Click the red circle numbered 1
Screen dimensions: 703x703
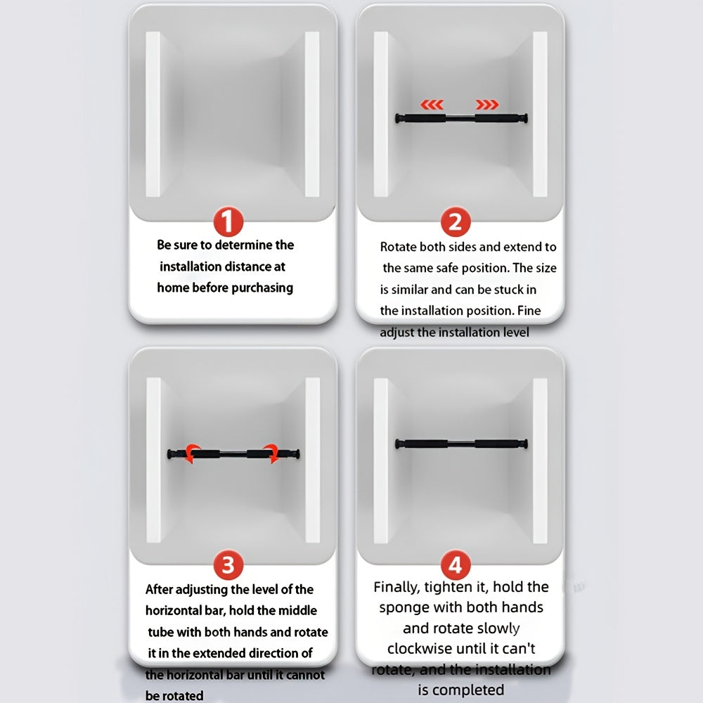[x=228, y=221]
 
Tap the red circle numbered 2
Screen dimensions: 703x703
[x=456, y=221]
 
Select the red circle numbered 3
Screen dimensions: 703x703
[x=228, y=565]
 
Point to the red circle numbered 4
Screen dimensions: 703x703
[x=456, y=565]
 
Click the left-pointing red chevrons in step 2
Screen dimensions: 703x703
[x=432, y=105]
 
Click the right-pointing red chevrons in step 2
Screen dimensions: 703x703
[x=487, y=105]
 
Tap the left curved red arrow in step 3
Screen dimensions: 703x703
[x=193, y=453]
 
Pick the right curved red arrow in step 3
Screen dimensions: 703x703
[x=271, y=453]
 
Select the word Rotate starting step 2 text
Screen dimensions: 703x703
[x=398, y=247]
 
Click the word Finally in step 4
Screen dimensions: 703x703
[x=396, y=587]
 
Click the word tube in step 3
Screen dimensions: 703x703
[x=160, y=632]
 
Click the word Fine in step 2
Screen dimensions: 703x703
[x=529, y=311]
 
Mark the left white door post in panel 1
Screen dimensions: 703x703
[x=153, y=114]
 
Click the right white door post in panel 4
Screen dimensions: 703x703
[x=540, y=461]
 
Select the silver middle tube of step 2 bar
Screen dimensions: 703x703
[x=460, y=118]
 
